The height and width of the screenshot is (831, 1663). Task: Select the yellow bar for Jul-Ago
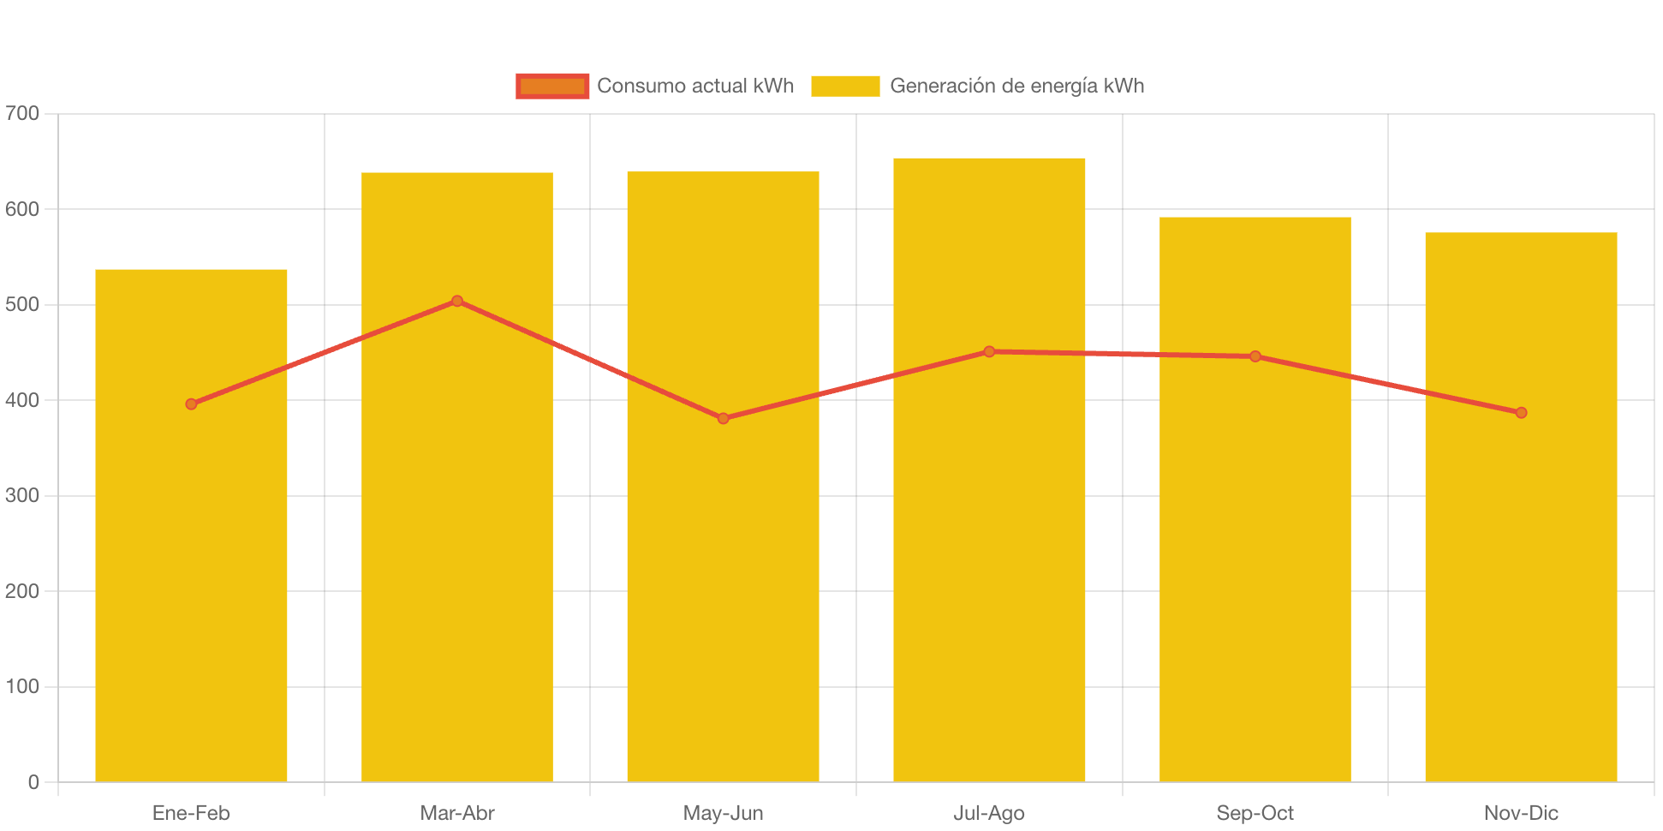tap(989, 557)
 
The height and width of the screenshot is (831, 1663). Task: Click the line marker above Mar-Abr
tap(457, 301)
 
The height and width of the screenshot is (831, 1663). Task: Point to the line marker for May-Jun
tap(724, 418)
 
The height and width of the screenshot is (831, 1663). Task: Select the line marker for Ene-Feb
tap(191, 404)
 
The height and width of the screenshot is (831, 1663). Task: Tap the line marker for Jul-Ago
tap(989, 351)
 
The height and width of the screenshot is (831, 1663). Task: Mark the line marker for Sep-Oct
tap(1255, 356)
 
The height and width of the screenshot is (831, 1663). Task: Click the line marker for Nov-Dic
tap(1521, 413)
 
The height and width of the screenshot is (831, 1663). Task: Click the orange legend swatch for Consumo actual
tap(552, 86)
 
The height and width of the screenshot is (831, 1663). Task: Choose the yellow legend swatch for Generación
tap(845, 86)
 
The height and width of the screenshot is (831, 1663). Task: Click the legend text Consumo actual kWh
tap(695, 86)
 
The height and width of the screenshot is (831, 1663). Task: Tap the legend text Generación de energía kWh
tap(1016, 86)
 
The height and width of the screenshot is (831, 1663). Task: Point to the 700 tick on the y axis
tap(22, 113)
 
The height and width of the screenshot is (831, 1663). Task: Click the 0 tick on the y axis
tap(33, 781)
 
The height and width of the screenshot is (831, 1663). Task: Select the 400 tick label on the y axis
tap(22, 400)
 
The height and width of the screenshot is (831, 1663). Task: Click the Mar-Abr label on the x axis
tap(457, 812)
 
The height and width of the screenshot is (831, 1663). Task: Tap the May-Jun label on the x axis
tap(724, 812)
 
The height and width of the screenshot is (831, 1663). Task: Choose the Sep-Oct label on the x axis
tap(1255, 812)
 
